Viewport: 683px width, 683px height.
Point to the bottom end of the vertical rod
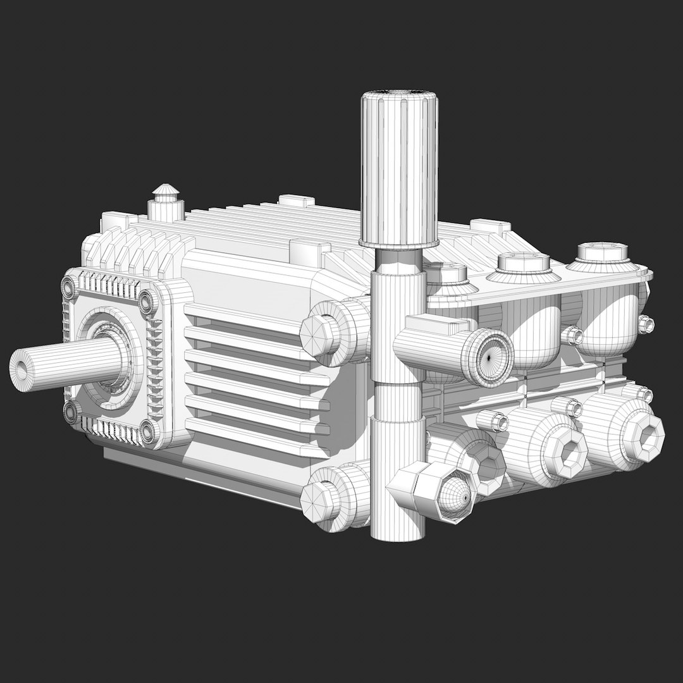pos(397,534)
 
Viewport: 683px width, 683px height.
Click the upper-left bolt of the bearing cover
pos(68,288)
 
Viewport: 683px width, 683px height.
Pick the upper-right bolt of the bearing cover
pos(147,302)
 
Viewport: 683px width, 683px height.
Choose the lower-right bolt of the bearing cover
pos(149,433)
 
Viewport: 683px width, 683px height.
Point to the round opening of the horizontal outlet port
pos(493,357)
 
